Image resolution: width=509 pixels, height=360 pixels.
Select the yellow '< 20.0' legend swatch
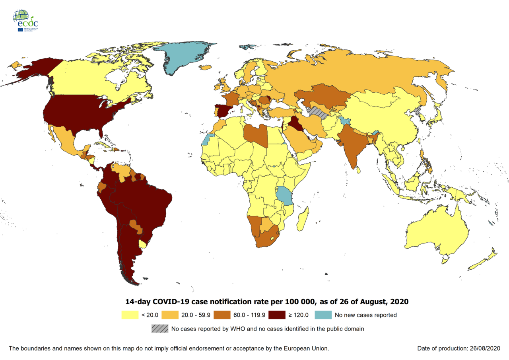(x=129, y=315)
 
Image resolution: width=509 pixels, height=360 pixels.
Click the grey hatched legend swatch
(x=159, y=329)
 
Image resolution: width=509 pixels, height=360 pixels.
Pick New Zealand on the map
(x=483, y=261)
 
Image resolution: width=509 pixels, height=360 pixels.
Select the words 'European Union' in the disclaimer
(x=306, y=348)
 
